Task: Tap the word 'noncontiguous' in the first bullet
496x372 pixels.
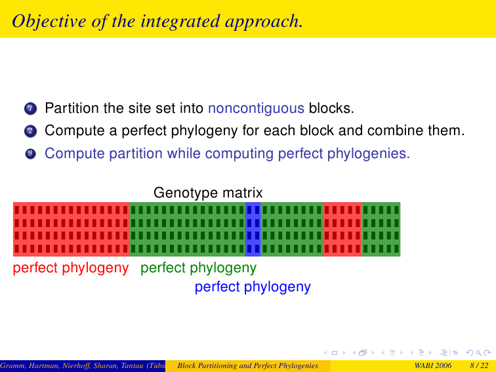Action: click(256, 108)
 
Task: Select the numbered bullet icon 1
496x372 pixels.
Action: click(30, 108)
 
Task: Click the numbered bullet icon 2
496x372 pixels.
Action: click(30, 131)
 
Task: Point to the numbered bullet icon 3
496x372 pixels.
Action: click(30, 154)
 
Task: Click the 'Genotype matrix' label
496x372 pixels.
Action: click(208, 192)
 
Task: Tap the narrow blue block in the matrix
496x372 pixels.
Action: click(253, 229)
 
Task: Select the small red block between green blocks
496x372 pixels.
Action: click(342, 229)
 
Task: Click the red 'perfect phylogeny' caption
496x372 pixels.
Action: click(71, 268)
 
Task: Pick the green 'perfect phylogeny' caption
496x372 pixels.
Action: click(198, 268)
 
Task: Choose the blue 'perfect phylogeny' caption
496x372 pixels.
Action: click(253, 287)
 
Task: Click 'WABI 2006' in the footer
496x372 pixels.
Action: click(433, 365)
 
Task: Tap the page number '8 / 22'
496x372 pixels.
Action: click(479, 365)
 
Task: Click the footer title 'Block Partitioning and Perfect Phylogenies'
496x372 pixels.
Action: click(248, 365)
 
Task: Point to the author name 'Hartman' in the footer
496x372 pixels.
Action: click(47, 366)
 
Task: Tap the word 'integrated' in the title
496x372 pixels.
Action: click(180, 22)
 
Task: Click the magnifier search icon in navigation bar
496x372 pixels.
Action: click(478, 353)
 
